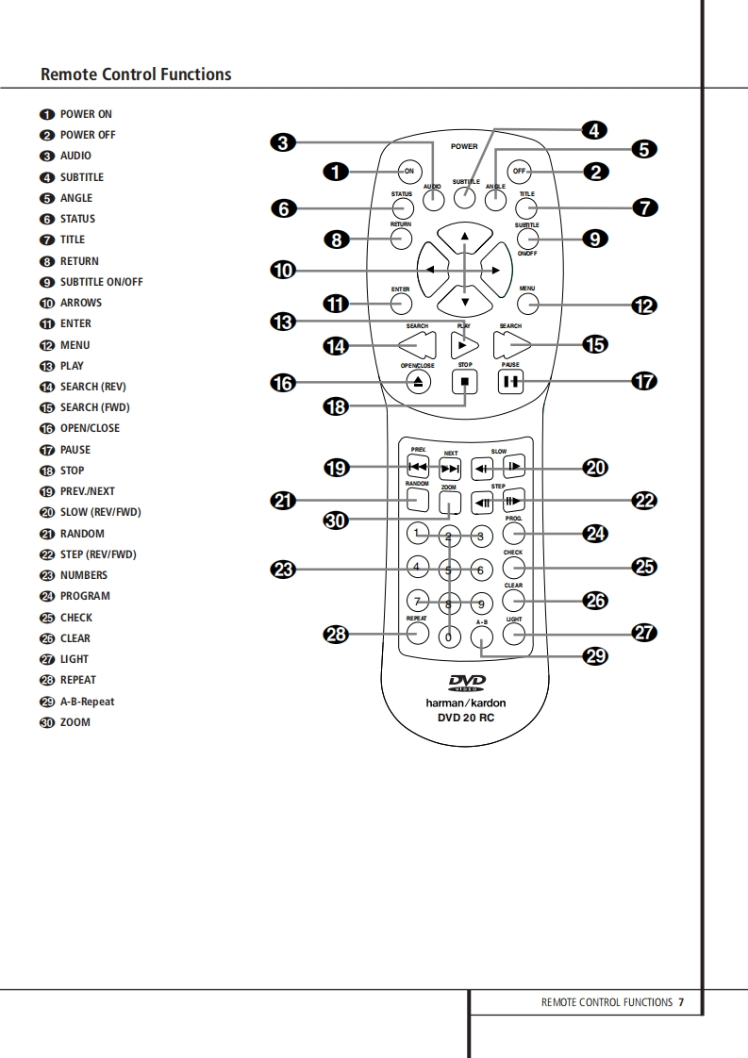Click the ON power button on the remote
point(408,172)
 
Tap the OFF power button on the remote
point(518,172)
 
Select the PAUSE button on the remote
point(510,382)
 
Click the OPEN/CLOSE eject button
point(419,382)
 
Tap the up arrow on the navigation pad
point(464,236)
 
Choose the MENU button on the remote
point(527,304)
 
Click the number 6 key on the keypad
point(479,570)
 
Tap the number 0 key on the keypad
point(448,637)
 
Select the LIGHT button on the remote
point(513,634)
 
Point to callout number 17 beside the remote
point(644,382)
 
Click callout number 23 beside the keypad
point(283,570)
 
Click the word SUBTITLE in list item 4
point(82,177)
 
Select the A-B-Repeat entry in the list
point(87,702)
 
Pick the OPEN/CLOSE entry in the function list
point(90,428)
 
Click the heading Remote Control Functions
point(136,74)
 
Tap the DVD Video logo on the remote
point(466,684)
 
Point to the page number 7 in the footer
point(681,1002)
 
